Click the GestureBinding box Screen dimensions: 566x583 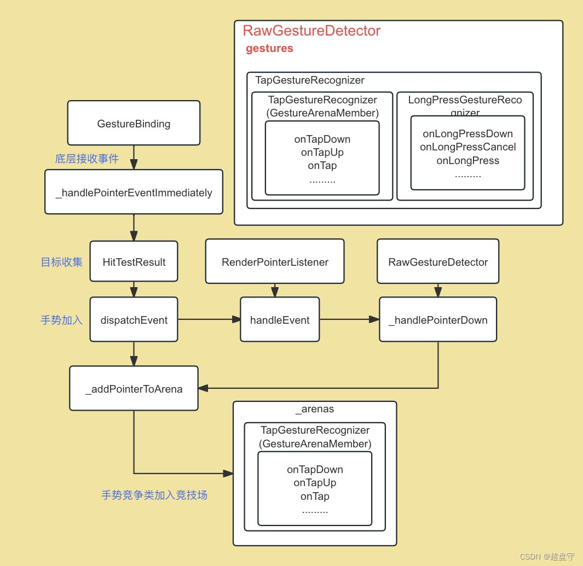[134, 124]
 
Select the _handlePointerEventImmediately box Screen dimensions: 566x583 [134, 192]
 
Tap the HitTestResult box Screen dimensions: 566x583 [134, 262]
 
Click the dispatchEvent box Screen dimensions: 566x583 [134, 320]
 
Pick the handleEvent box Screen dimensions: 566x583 [280, 320]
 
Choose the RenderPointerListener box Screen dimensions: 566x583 [275, 262]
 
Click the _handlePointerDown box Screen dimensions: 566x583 [438, 320]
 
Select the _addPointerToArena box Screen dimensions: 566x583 [134, 389]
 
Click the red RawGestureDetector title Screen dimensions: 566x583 [311, 31]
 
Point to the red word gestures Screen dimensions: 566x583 [269, 49]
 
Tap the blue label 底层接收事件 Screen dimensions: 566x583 [87, 159]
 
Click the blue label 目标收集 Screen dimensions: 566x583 [62, 262]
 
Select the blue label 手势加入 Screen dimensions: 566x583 [62, 320]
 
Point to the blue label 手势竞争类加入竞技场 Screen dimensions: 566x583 [154, 495]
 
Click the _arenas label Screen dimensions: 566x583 [315, 409]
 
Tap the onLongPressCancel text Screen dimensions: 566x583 [468, 147]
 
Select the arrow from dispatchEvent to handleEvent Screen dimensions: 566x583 [210, 320]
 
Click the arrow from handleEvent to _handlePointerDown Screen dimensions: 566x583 [349, 320]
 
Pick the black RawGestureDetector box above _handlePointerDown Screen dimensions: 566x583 [438, 262]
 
